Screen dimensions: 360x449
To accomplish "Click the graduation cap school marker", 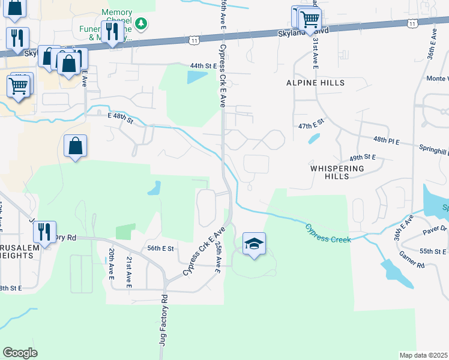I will pyautogui.click(x=254, y=244).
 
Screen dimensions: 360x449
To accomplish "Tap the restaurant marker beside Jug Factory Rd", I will pyautogui.click(x=44, y=231).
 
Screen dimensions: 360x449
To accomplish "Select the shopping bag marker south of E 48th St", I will pyautogui.click(x=76, y=146).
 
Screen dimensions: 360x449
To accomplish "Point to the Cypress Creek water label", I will pyautogui.click(x=327, y=233).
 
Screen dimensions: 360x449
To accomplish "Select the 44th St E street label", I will pyautogui.click(x=202, y=65).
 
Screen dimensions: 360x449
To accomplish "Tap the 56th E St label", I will pyautogui.click(x=160, y=248).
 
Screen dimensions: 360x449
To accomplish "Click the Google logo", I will pyautogui.click(x=20, y=353).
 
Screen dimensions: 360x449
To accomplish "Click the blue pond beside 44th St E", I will pyautogui.click(x=197, y=77).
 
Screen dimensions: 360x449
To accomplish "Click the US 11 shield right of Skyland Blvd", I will pyautogui.click(x=411, y=23).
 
